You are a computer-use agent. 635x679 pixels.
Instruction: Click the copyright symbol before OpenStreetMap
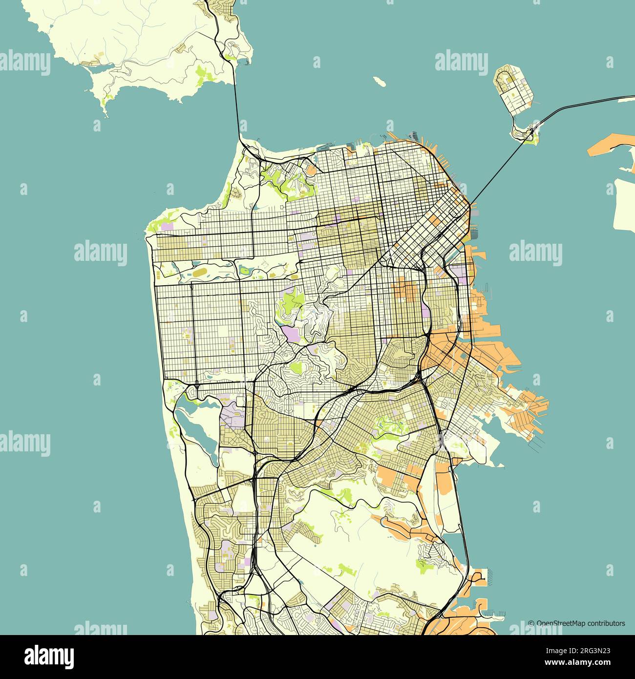click(x=531, y=623)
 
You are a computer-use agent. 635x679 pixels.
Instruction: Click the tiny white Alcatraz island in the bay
click(x=379, y=81)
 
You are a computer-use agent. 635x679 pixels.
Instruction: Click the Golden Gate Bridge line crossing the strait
click(x=237, y=110)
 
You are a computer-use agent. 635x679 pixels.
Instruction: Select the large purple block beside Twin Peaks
click(x=292, y=336)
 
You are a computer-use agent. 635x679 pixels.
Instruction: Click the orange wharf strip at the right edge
click(x=611, y=147)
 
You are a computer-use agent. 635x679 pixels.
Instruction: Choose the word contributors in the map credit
click(x=606, y=623)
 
